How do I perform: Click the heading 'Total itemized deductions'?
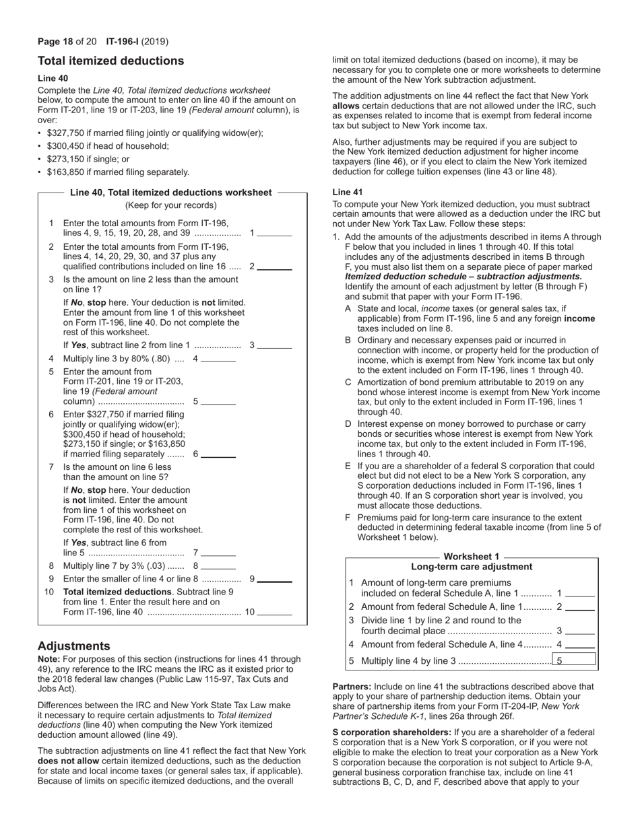pos(110,61)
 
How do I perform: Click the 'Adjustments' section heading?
pos(73,646)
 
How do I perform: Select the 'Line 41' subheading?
pos(348,192)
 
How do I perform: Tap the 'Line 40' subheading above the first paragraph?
pos(53,78)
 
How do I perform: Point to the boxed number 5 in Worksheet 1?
pos(574,660)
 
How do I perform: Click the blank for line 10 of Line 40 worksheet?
pos(275,613)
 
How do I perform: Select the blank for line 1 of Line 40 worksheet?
pos(275,234)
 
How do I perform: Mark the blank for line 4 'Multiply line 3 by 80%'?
pos(218,359)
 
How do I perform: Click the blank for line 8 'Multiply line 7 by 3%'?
pos(218,566)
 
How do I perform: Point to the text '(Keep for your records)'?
pos(171,205)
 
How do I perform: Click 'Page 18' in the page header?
pos(55,41)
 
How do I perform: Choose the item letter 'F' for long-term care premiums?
pos(348,518)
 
